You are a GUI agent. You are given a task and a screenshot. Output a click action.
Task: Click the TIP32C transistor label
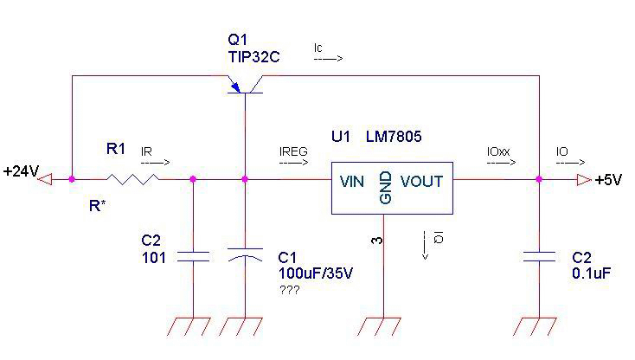click(253, 57)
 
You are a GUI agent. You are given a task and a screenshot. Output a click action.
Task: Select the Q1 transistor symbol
click(246, 85)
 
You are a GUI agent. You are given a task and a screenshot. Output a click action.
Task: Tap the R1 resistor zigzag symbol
click(132, 179)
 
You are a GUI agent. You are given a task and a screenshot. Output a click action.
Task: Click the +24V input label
click(21, 172)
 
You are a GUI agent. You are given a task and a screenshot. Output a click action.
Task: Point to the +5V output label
click(611, 180)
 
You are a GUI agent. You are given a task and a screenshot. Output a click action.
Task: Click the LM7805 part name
click(394, 137)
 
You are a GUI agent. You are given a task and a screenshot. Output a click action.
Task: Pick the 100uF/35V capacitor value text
click(309, 274)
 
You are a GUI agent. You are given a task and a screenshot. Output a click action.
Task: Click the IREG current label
click(293, 151)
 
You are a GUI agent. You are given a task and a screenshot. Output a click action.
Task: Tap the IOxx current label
click(499, 151)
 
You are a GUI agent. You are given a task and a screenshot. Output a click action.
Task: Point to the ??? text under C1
click(288, 290)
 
